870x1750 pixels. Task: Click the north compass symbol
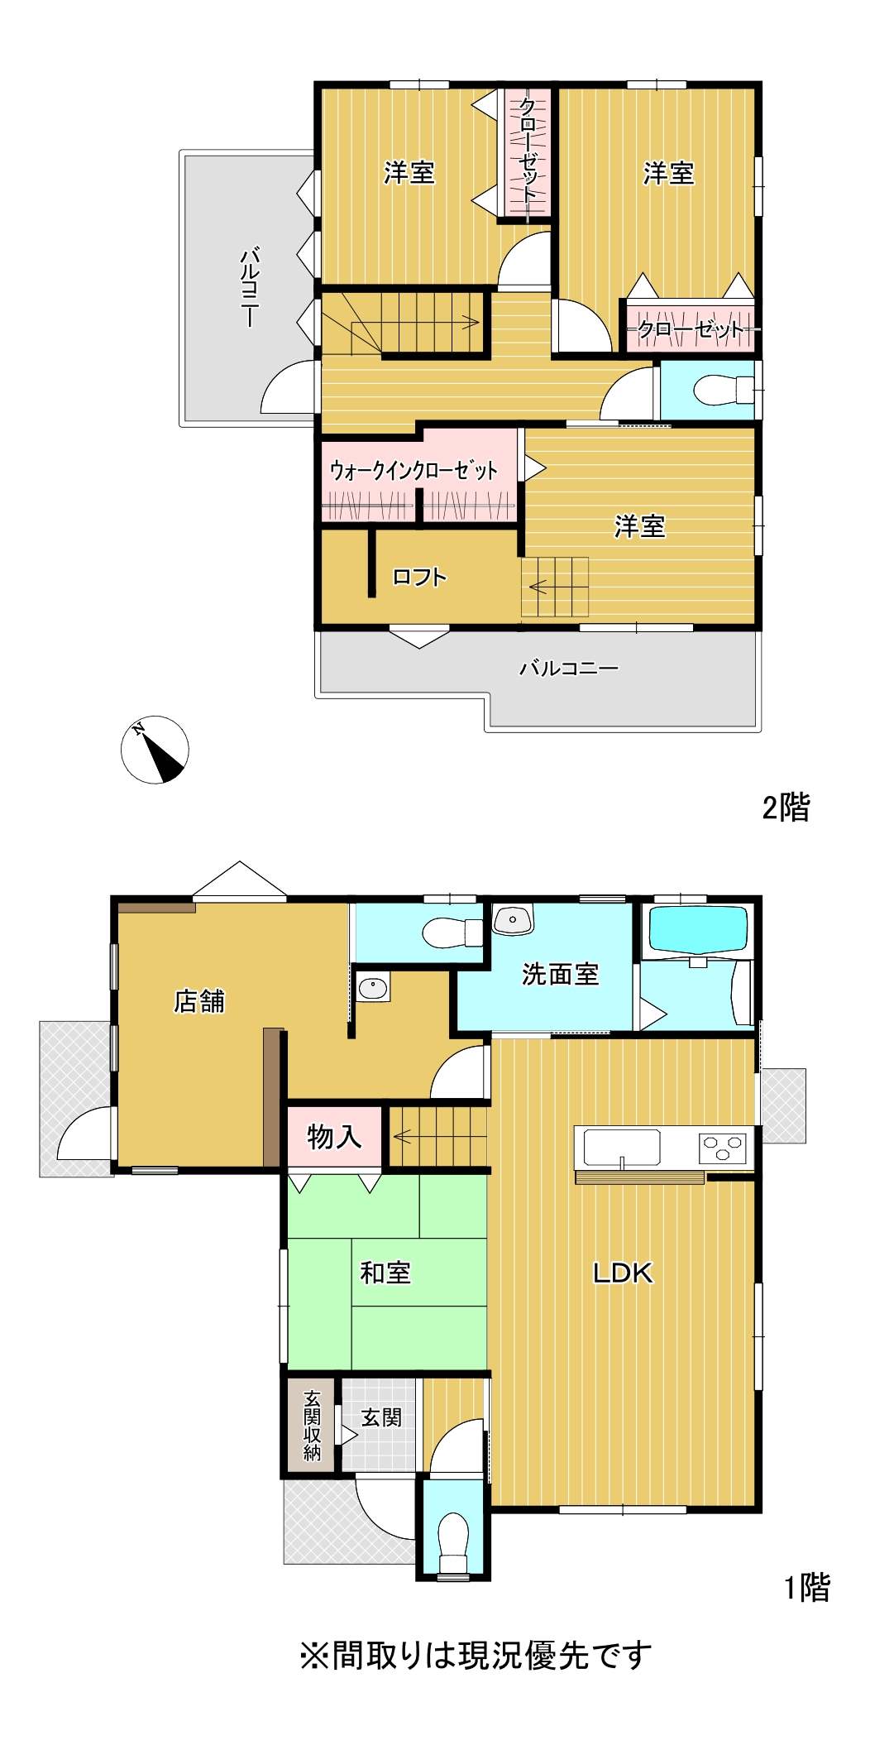click(x=155, y=750)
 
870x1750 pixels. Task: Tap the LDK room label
click(x=623, y=1273)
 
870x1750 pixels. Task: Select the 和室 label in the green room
click(x=385, y=1273)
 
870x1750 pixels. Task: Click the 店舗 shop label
click(x=199, y=1001)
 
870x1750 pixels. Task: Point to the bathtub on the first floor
click(x=699, y=929)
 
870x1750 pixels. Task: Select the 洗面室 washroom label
click(x=560, y=974)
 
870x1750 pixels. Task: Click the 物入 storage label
click(x=334, y=1137)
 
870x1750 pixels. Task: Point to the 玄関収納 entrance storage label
click(x=312, y=1425)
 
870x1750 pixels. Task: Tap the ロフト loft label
click(x=419, y=577)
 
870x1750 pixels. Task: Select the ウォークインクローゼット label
click(x=413, y=471)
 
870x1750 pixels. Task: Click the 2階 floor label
click(x=786, y=807)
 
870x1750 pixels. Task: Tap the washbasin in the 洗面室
click(x=514, y=918)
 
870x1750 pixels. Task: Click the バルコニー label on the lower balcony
click(x=569, y=668)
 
